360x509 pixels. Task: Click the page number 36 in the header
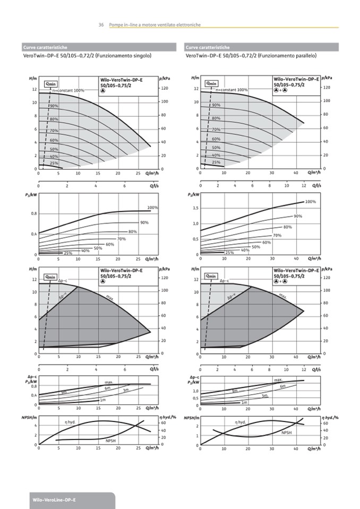[101, 25]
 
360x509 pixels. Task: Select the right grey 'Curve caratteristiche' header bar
[262, 47]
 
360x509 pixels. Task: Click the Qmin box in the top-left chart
[50, 83]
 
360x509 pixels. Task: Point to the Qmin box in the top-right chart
[211, 83]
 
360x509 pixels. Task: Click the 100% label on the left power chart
[152, 208]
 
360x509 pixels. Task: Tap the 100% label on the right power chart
[311, 202]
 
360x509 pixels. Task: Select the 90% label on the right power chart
[298, 216]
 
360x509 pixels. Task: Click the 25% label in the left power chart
[68, 253]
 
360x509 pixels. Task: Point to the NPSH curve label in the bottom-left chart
[110, 441]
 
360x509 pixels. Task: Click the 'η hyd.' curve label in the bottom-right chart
[241, 422]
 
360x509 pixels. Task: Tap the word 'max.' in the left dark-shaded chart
[110, 298]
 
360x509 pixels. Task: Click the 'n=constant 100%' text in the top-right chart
[232, 90]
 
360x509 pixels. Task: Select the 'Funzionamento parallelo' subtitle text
[288, 55]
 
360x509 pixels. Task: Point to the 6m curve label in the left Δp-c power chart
[107, 389]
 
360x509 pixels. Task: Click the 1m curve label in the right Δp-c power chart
[244, 402]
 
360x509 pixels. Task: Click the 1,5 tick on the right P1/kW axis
[195, 208]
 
